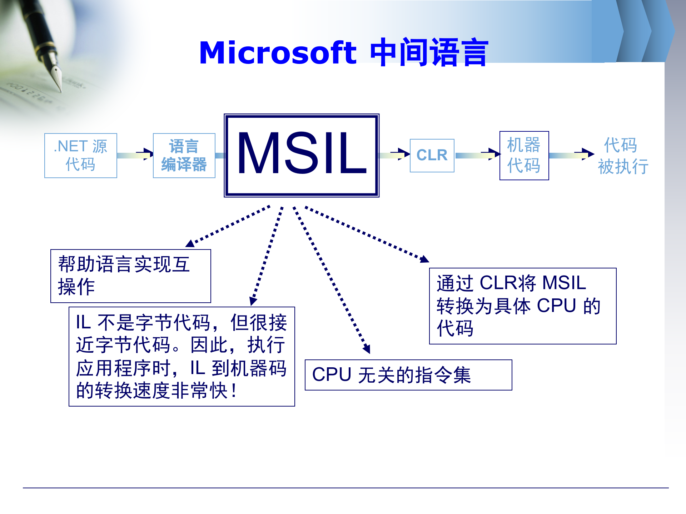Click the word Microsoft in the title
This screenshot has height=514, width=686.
click(x=278, y=53)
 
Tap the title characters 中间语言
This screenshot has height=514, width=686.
click(x=429, y=53)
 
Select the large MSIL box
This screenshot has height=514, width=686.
click(x=302, y=155)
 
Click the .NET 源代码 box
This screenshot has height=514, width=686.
click(x=81, y=156)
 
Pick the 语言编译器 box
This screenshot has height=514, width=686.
click(x=184, y=156)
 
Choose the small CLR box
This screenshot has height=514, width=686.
click(x=432, y=156)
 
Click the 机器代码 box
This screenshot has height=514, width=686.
click(x=524, y=156)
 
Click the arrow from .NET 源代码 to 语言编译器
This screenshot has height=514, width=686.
click(x=135, y=155)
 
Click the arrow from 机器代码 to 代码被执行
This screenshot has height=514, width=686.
click(x=571, y=154)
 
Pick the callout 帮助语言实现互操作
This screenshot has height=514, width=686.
click(x=130, y=276)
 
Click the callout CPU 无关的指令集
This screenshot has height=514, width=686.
click(x=408, y=375)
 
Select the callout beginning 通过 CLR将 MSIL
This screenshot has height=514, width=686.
click(x=522, y=306)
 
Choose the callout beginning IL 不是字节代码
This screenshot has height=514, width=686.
click(x=182, y=356)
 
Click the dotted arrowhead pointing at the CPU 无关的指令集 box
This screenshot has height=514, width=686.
click(x=367, y=349)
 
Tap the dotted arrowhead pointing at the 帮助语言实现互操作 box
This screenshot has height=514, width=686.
click(x=190, y=243)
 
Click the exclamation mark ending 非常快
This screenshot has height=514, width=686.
click(x=234, y=390)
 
